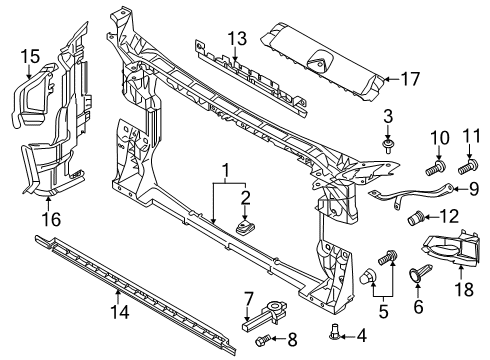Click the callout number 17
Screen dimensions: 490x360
410,79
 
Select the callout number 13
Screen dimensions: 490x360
238,38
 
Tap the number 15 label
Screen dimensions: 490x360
30,56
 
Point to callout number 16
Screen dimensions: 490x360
51,219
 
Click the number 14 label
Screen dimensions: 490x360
120,312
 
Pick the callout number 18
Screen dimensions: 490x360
464,289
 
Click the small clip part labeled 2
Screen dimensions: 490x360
245,227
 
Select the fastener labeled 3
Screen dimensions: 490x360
388,146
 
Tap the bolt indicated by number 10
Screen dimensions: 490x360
435,168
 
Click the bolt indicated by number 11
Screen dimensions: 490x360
468,166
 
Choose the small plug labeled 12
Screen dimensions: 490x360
415,219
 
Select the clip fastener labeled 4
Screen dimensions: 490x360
334,332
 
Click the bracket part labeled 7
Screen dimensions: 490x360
265,315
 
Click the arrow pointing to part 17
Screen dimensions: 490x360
393,79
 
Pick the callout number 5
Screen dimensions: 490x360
383,312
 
